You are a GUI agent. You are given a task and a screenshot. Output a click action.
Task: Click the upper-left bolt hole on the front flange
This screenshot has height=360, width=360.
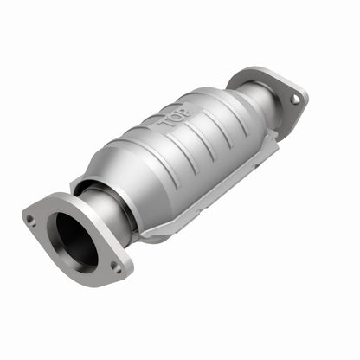32,220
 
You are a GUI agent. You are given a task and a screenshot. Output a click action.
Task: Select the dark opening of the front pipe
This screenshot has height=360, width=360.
76,238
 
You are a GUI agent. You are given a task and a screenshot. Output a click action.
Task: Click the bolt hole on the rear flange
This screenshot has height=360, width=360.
295,99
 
